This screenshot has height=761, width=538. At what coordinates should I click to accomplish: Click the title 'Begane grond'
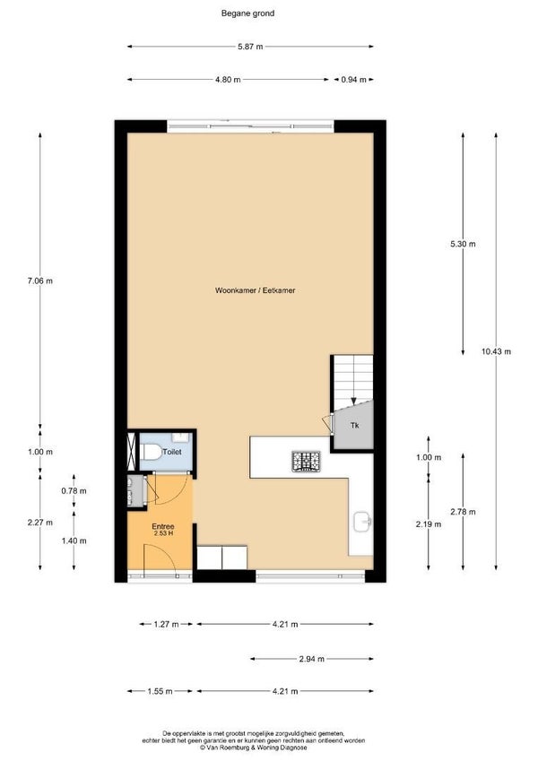247,13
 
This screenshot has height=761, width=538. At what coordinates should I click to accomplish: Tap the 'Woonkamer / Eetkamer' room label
255,290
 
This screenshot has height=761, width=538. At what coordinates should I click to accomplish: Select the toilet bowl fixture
151,452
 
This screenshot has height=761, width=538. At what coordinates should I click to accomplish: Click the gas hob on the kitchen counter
306,461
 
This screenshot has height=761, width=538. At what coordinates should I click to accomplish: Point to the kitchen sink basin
361,522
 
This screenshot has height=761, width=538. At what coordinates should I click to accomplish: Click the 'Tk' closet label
355,425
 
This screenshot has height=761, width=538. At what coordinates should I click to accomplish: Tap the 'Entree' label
162,526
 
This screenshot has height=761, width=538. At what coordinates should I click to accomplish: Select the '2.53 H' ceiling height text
163,533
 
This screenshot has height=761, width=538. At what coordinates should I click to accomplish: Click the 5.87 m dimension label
250,47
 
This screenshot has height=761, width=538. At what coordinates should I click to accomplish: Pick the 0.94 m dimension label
353,80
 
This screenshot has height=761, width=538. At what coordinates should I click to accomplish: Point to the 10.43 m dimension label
496,351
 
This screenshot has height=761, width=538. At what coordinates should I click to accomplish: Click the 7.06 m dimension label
40,281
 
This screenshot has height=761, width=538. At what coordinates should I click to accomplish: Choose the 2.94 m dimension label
312,659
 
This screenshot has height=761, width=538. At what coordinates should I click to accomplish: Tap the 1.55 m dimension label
160,691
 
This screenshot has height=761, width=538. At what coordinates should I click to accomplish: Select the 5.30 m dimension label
463,244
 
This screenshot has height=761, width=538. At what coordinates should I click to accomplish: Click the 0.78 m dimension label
74,490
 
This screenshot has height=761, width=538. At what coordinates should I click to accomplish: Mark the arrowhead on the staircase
354,402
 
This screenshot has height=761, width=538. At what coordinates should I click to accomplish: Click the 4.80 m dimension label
228,80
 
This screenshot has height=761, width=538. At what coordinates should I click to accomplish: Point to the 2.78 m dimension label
463,512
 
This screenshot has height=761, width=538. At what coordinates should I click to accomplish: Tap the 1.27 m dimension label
166,624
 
